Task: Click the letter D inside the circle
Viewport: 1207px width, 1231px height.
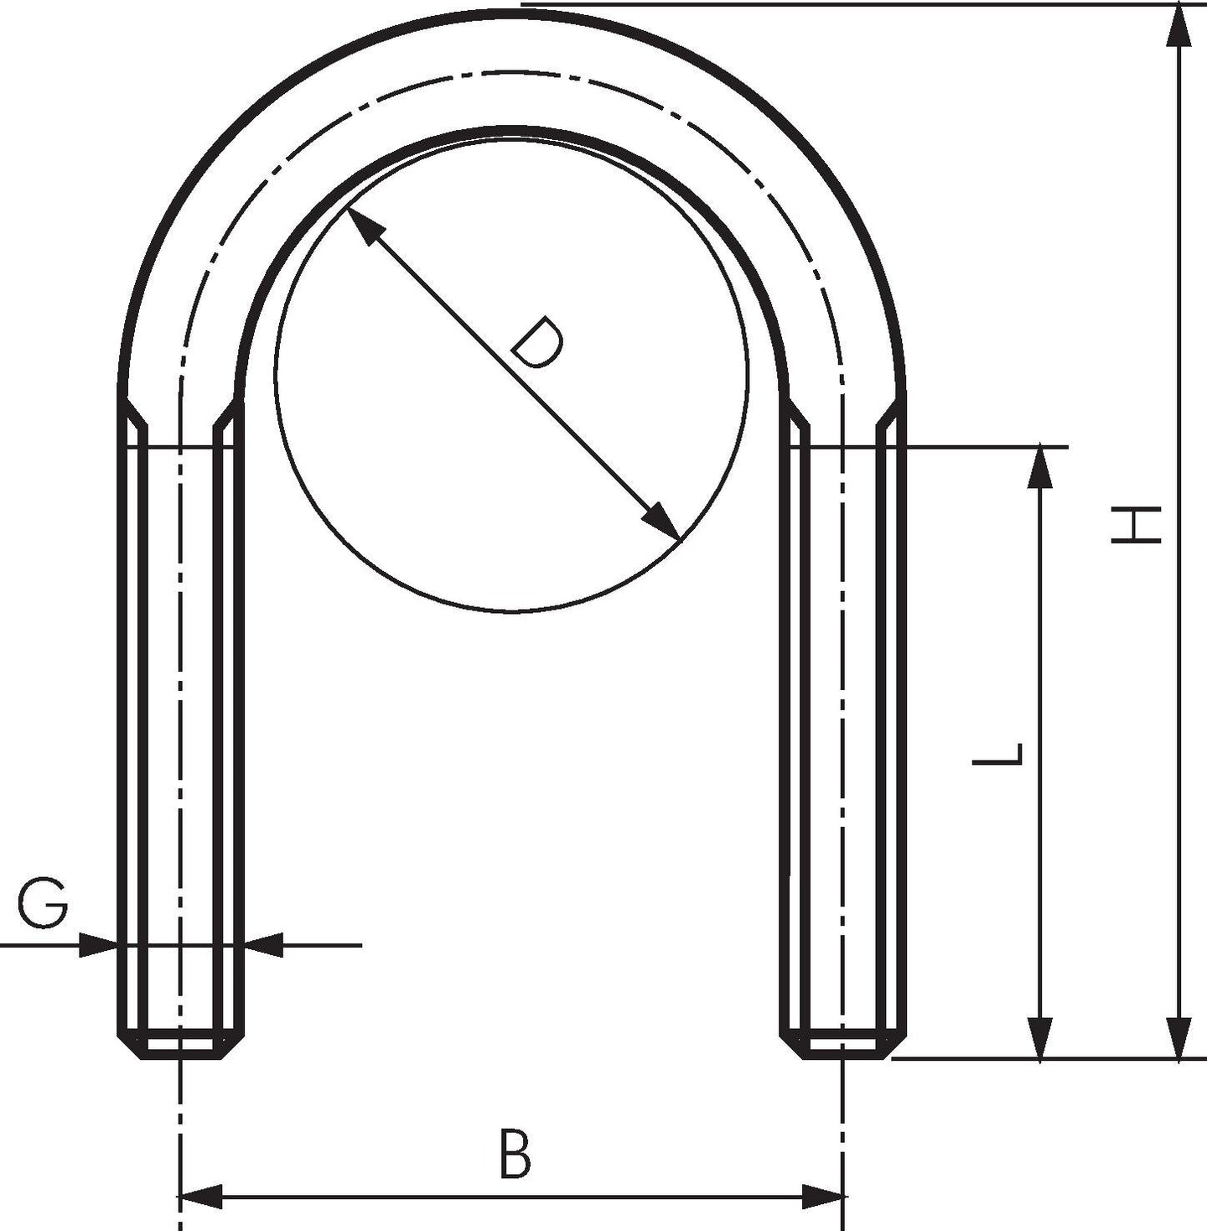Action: pyautogui.click(x=538, y=342)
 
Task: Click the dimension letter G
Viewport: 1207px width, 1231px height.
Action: pyautogui.click(x=42, y=904)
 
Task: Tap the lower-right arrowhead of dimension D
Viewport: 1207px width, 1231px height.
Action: pyautogui.click(x=661, y=521)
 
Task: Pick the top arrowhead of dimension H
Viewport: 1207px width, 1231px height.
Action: pyautogui.click(x=1179, y=25)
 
